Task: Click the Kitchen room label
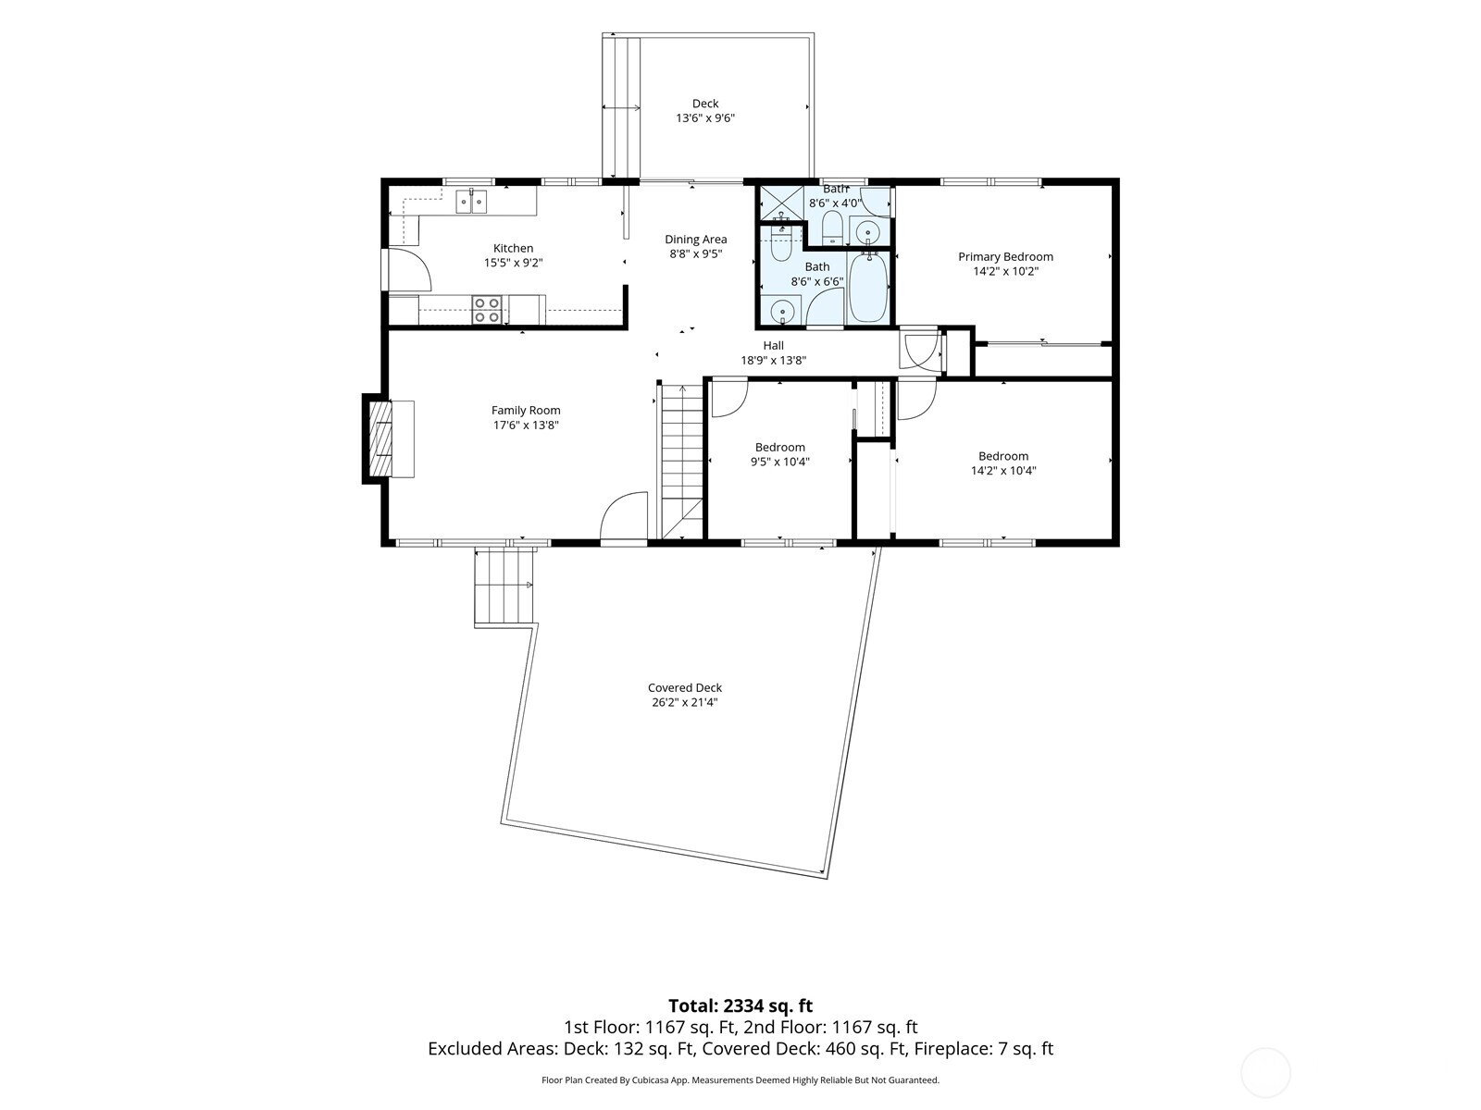513,248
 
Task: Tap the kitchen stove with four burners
486,309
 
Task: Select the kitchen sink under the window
471,202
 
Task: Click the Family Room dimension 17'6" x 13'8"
526,425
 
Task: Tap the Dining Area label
696,240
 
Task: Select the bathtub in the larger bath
867,287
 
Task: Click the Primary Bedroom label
1005,257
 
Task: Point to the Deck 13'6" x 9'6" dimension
705,118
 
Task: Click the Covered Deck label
685,687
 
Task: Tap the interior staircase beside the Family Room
681,462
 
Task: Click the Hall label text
773,346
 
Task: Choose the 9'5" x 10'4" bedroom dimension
780,462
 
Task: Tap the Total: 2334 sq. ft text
740,1006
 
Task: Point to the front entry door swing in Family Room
624,515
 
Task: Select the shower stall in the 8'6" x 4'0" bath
781,203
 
